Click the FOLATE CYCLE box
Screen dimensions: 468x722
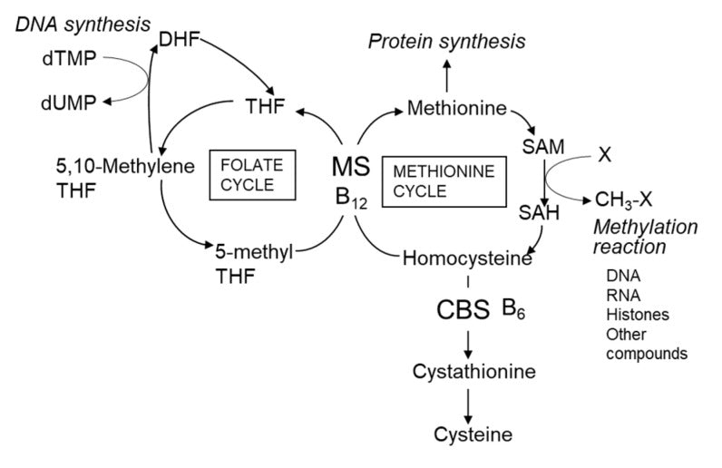click(247, 174)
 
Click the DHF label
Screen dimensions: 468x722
click(179, 39)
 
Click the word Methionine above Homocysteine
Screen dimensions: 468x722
click(455, 110)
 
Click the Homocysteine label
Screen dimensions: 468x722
click(466, 259)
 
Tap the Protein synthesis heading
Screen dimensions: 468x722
click(446, 42)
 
